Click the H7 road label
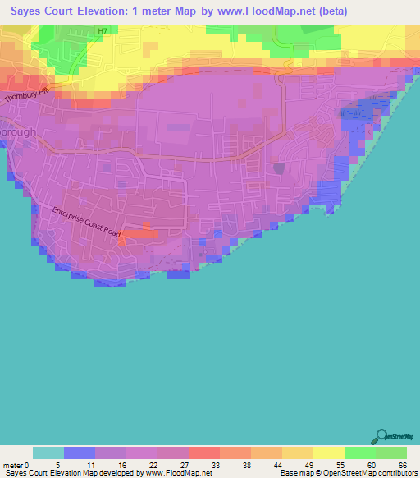(x=102, y=31)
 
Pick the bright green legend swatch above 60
(x=359, y=453)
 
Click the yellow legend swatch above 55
(x=328, y=453)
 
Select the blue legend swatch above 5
(x=80, y=453)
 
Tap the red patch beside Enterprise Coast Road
(x=143, y=233)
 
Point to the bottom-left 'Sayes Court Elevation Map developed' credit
(x=74, y=473)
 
